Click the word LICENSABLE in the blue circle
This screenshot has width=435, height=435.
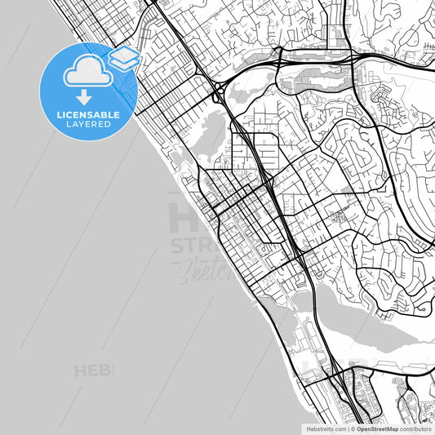coord(88,115)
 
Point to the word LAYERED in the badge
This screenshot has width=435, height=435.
coord(88,125)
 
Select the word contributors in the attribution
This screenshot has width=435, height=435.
coord(416,428)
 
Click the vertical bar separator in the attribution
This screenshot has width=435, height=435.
coord(348,428)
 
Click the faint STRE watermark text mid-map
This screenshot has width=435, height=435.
coord(196,247)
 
